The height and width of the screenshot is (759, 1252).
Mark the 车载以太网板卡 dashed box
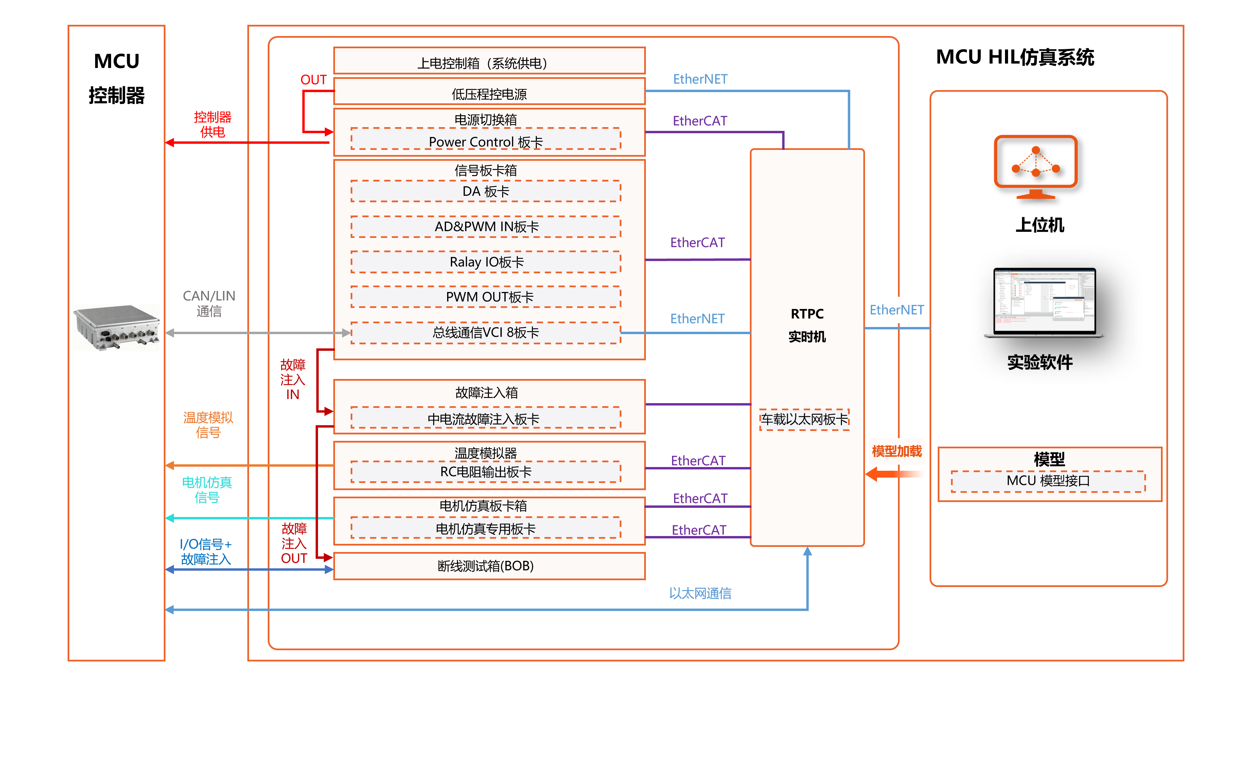804,419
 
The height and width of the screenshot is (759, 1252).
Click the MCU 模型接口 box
1048,481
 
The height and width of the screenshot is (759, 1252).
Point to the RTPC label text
807,314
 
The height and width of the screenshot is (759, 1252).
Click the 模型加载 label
897,451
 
